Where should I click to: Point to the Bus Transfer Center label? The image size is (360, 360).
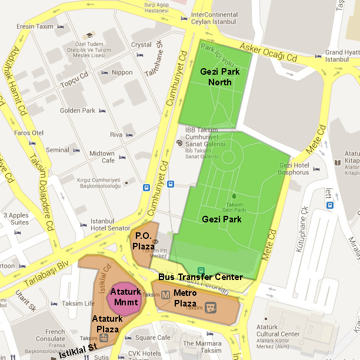tap(200, 276)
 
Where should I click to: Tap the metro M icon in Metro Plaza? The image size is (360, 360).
tap(166, 294)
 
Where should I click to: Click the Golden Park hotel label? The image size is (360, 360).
tap(77, 111)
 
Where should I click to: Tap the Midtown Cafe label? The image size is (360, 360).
tap(102, 157)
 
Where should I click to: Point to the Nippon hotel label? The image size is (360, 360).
tap(122, 72)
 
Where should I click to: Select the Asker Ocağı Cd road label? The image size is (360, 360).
tap(268, 54)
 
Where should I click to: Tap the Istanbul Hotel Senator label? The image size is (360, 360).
tap(110, 224)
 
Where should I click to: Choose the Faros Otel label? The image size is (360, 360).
tap(29, 133)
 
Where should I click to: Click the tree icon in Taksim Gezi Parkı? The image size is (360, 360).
tap(234, 196)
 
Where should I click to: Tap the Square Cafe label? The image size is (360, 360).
tap(152, 338)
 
